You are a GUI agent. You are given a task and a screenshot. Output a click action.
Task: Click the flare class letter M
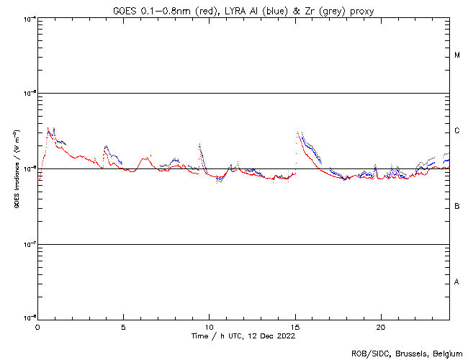click(x=457, y=55)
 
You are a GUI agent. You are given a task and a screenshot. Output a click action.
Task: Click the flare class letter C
click(x=457, y=130)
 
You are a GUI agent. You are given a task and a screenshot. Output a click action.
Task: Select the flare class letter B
click(x=457, y=206)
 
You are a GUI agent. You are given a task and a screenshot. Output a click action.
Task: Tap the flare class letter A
click(x=457, y=282)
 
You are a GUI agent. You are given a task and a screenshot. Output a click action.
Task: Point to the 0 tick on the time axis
click(x=37, y=326)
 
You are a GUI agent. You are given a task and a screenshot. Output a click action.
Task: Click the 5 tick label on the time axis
click(x=123, y=326)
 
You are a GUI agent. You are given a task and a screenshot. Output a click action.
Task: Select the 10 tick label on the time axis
click(x=209, y=326)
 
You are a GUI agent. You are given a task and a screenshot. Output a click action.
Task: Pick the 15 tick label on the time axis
click(x=295, y=326)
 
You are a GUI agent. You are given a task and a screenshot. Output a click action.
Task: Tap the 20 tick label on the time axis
click(x=381, y=326)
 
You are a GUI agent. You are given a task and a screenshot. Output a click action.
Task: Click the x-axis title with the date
click(x=243, y=336)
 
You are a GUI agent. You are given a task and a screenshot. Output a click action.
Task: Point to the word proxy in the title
click(x=361, y=10)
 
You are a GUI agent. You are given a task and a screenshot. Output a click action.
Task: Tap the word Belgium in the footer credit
click(x=447, y=354)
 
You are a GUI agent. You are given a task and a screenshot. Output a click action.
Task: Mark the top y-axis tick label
click(x=29, y=18)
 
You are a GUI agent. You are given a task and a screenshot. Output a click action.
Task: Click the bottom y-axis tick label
click(x=29, y=318)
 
